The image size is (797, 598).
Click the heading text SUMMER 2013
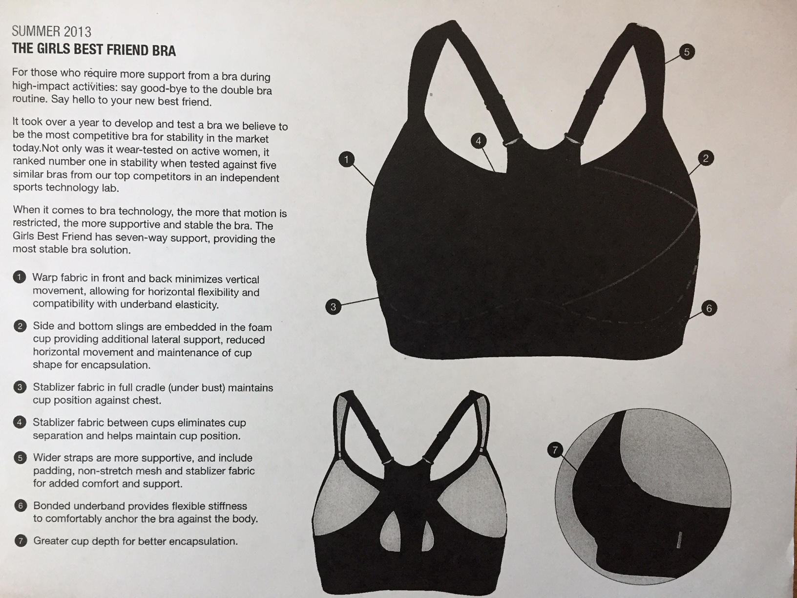coord(52,32)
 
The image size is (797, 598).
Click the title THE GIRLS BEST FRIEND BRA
coord(94,49)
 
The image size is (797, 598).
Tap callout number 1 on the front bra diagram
coord(346,159)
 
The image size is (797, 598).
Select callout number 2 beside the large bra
coord(706,158)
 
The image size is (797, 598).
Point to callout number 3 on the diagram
coord(334,307)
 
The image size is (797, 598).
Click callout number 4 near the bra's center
coord(478,141)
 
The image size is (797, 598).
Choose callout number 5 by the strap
coord(686,52)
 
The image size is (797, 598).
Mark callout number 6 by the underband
coord(709,308)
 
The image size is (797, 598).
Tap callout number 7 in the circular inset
coord(555,450)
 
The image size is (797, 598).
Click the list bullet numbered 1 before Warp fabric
coord(19,278)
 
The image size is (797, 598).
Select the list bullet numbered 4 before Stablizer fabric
coord(20,422)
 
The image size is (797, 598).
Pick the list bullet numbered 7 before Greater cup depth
coord(21,541)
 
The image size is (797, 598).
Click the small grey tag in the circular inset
coord(679,540)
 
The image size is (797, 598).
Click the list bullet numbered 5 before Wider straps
coord(20,457)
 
